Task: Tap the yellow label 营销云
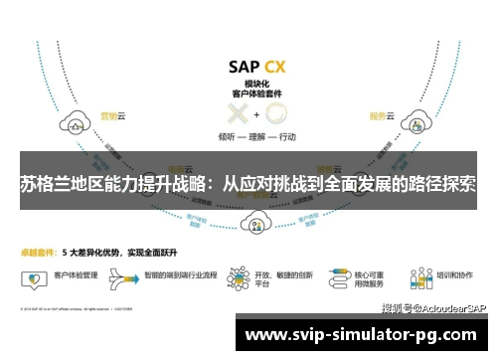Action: (x=108, y=116)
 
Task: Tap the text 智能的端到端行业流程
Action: (x=181, y=271)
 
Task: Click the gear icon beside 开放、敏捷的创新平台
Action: (x=238, y=273)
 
